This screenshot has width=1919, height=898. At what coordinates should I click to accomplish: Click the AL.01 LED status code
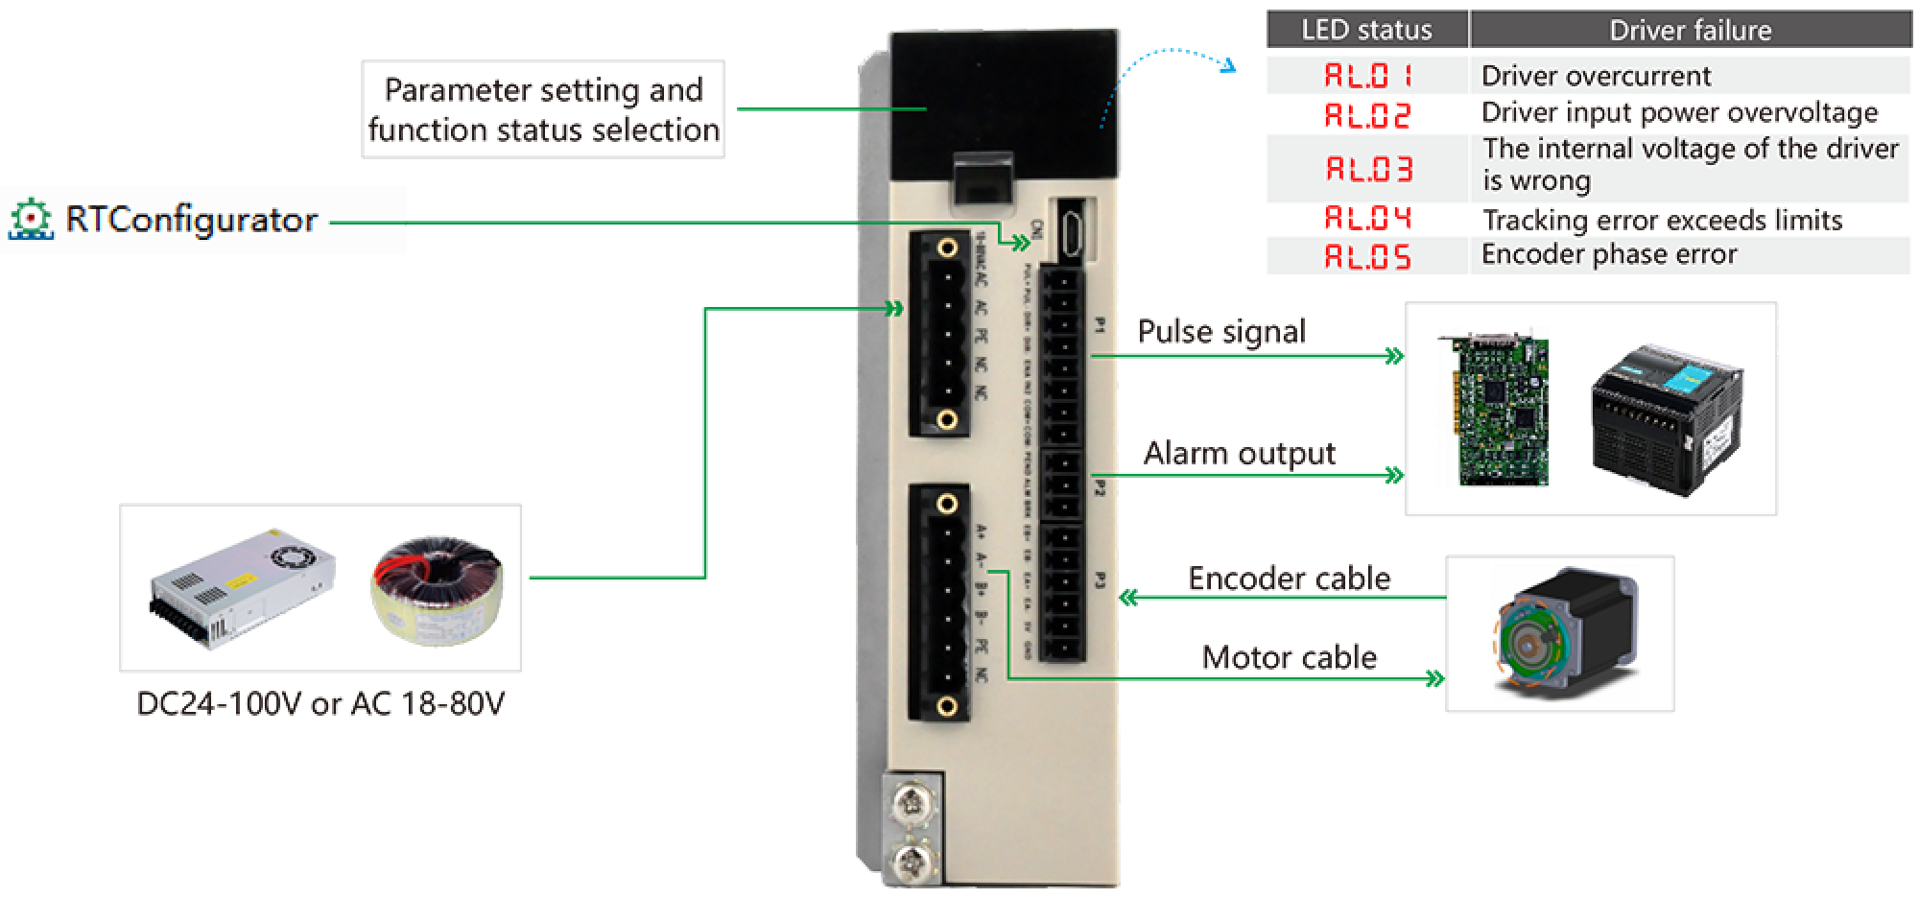click(x=1367, y=76)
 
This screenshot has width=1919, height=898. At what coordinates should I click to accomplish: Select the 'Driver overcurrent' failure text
click(x=1596, y=76)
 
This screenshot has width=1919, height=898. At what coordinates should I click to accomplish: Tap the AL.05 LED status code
click(x=1367, y=256)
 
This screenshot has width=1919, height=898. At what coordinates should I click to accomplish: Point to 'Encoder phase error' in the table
click(x=1609, y=254)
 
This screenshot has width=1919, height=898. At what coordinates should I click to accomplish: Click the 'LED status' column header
click(x=1366, y=30)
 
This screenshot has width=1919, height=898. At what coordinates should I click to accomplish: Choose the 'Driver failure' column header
click(x=1690, y=31)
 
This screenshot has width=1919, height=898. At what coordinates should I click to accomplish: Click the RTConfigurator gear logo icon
click(x=31, y=220)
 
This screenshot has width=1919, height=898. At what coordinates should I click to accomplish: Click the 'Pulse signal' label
click(x=1220, y=332)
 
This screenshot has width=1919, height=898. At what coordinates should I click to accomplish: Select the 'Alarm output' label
click(x=1240, y=454)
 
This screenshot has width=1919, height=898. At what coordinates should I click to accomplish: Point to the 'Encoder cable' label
click(x=1289, y=578)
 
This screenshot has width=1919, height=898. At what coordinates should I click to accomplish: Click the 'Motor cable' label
click(x=1289, y=658)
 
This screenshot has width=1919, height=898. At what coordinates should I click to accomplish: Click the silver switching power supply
click(x=244, y=586)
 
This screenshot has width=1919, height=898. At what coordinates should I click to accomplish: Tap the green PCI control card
click(x=1491, y=407)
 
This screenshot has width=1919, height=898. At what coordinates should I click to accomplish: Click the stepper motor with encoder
click(x=1564, y=633)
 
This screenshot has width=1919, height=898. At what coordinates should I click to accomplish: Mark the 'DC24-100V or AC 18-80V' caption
click(x=320, y=705)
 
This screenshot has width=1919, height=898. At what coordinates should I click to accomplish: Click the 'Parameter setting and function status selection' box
click(x=543, y=109)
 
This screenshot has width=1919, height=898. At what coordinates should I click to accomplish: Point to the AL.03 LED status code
click(x=1367, y=170)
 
